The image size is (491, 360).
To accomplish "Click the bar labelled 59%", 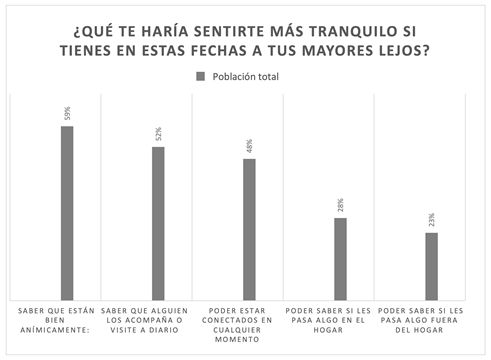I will click(x=67, y=211).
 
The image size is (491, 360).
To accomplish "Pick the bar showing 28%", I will click(x=340, y=257).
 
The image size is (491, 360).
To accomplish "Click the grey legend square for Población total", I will click(x=200, y=77).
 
